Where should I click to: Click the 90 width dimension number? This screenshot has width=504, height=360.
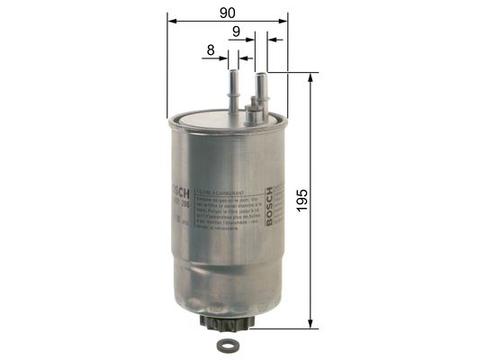pyautogui.click(x=228, y=12)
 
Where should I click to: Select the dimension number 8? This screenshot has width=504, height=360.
pyautogui.click(x=211, y=51)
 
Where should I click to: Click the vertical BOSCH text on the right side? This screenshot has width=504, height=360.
pyautogui.click(x=268, y=206)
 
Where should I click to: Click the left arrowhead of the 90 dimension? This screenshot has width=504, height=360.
pyautogui.click(x=172, y=20)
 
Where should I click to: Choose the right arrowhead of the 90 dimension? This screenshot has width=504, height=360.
pyautogui.click(x=283, y=20)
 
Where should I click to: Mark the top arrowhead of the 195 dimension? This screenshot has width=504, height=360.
pyautogui.click(x=310, y=77)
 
